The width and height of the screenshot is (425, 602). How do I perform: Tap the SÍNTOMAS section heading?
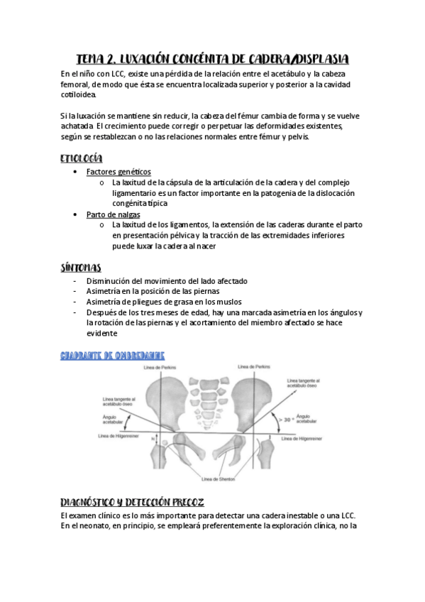pos(81,268)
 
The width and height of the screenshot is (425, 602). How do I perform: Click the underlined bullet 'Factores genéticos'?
pos(118,172)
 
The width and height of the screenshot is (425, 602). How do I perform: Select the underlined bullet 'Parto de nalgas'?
pos(114,214)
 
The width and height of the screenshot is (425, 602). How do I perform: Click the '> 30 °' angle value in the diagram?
pos(285,419)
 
